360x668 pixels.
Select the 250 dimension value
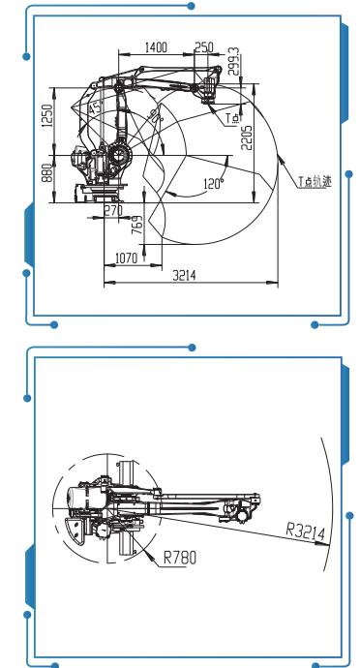click(203, 46)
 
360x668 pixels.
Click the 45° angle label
click(94, 109)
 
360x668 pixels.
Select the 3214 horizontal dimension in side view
click(184, 276)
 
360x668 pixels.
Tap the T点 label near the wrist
click(231, 118)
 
